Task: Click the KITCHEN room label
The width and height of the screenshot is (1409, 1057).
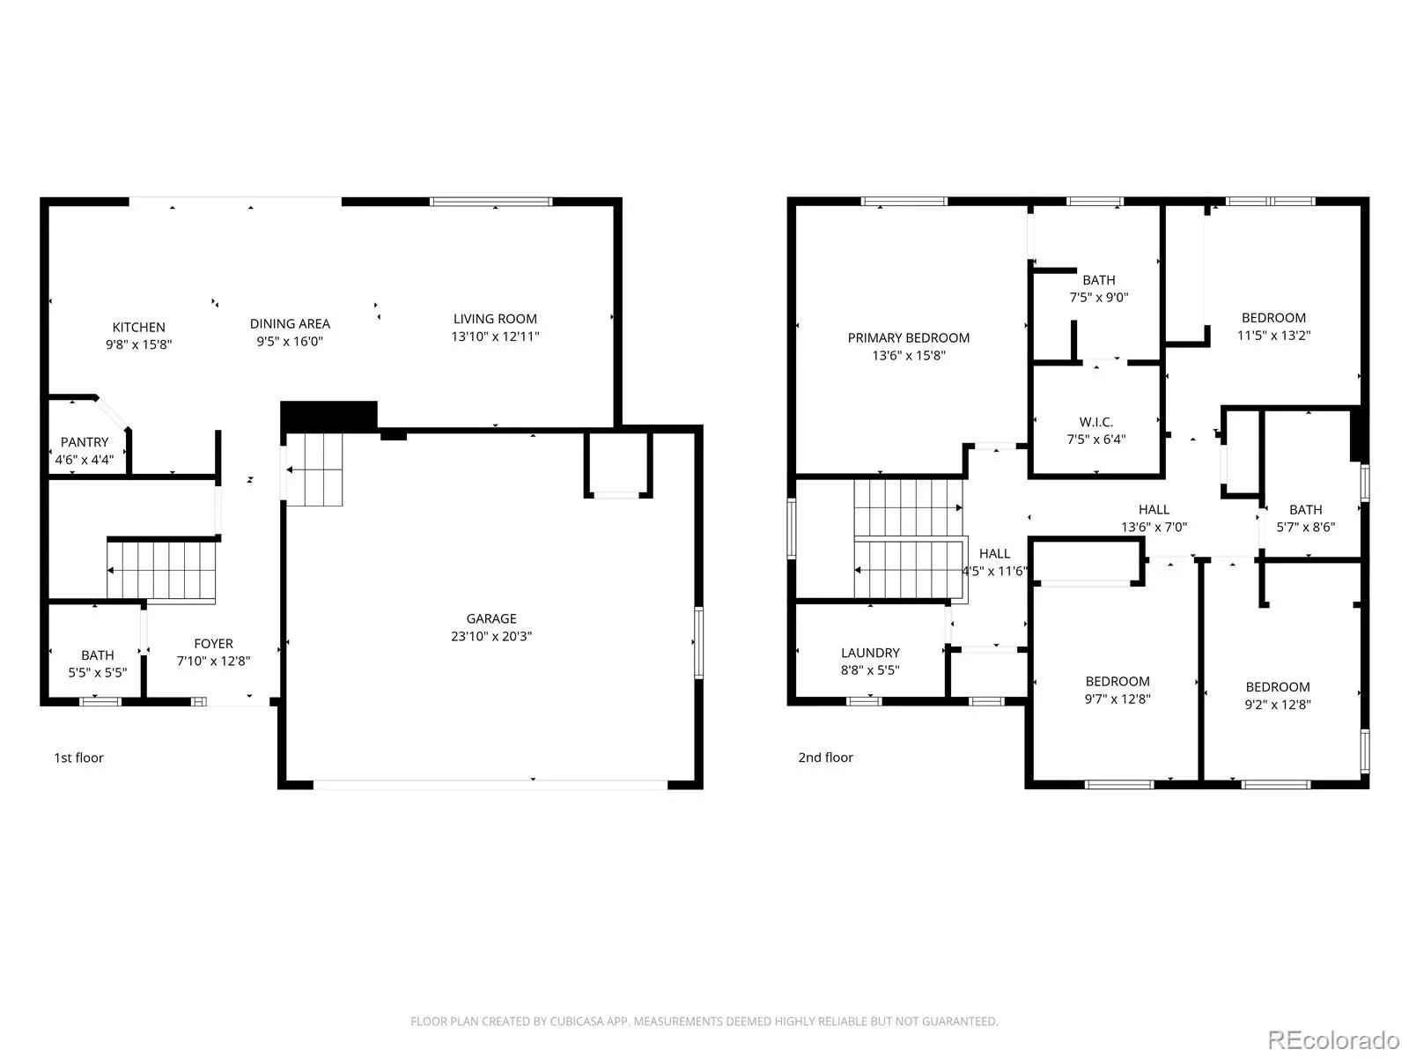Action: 138,328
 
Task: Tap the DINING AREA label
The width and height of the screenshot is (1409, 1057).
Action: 290,324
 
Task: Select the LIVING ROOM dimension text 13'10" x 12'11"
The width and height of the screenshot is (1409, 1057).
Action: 495,336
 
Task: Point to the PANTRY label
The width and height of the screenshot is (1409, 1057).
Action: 85,442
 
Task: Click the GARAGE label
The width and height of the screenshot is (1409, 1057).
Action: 491,618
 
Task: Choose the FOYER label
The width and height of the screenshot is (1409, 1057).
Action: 214,644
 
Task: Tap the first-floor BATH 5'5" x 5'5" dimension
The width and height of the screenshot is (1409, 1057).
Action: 98,673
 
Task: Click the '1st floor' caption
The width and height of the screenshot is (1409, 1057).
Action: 78,758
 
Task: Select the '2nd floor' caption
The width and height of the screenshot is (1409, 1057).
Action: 825,758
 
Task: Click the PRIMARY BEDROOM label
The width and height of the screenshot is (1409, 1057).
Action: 908,338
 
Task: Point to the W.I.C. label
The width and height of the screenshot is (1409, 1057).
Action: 1095,422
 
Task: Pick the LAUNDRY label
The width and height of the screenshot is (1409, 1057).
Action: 870,653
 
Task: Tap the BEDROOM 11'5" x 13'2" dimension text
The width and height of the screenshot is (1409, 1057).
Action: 1273,335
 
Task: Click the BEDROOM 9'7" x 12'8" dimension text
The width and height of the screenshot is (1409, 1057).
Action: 1118,699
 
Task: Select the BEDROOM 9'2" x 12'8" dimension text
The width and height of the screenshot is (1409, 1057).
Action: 1278,704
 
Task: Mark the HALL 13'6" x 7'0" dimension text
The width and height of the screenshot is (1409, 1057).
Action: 1154,527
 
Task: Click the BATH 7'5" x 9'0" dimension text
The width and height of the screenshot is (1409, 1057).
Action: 1098,297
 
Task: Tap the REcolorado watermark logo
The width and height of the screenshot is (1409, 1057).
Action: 1333,1039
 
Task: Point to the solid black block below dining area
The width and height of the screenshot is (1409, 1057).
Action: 328,418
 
